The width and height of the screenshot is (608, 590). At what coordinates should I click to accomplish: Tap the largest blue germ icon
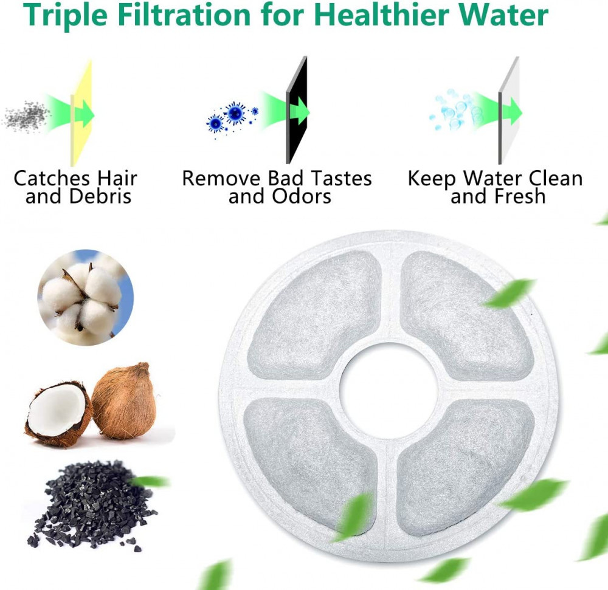235,113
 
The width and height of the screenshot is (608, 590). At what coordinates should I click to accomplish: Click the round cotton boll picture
85,297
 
